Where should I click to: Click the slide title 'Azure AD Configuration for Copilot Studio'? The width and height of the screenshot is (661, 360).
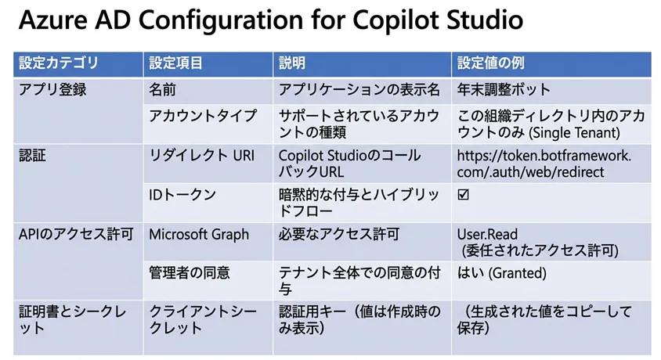point(270,21)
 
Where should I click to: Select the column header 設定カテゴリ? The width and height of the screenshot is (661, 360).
point(60,63)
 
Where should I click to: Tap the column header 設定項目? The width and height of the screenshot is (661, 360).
point(177,63)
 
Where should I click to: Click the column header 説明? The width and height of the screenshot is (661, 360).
point(293,63)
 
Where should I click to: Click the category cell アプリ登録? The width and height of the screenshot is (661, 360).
point(52,89)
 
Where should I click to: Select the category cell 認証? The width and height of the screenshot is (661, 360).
point(33,155)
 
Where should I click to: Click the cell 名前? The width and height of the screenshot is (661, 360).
point(162,89)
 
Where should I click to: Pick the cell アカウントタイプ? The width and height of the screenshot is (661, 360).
point(202,115)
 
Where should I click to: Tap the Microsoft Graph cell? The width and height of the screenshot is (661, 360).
point(199,233)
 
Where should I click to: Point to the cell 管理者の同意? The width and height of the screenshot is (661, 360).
point(189,272)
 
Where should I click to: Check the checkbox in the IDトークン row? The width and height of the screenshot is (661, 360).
point(463,195)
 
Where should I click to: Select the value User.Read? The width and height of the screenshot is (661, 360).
point(487,233)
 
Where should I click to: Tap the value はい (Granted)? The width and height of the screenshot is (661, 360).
point(501,272)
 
